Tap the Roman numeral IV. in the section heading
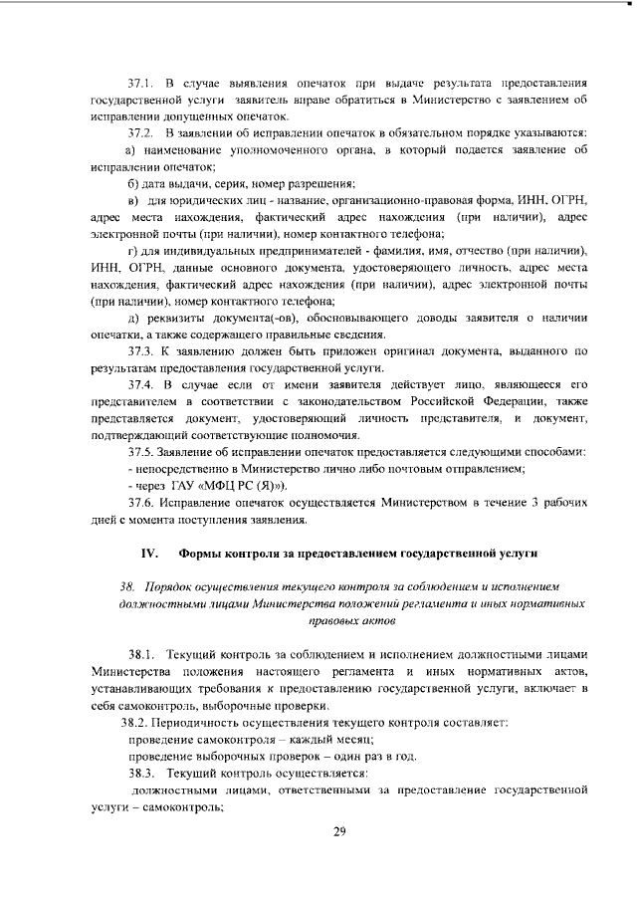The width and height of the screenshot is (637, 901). point(149,551)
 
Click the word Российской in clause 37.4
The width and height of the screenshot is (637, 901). point(438,401)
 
